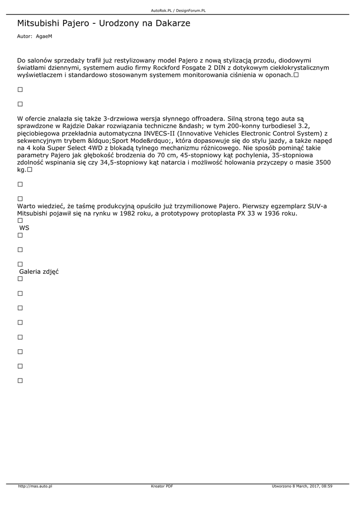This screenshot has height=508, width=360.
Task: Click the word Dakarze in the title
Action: tap(172, 23)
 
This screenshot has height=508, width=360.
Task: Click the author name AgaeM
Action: tap(44, 36)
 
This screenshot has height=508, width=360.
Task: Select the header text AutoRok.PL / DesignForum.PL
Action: tap(178, 10)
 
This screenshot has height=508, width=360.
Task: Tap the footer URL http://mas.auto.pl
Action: tap(35, 486)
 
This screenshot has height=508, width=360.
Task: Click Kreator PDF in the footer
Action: tap(162, 486)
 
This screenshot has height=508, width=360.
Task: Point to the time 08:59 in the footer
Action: tap(327, 486)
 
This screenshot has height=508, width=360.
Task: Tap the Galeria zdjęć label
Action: tap(39, 271)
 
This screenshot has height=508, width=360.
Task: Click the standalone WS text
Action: tap(24, 228)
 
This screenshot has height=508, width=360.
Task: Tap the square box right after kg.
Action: tap(30, 170)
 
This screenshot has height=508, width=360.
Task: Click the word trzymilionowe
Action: tap(193, 206)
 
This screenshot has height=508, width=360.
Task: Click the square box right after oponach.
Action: tap(296, 75)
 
